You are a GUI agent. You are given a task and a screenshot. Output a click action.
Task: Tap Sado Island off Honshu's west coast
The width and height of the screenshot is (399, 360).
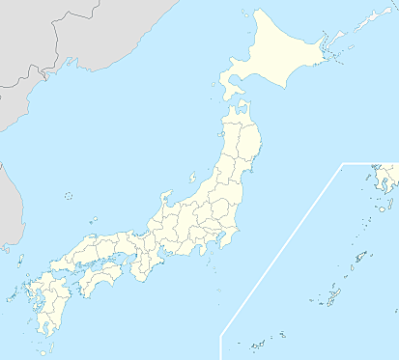point(193,178)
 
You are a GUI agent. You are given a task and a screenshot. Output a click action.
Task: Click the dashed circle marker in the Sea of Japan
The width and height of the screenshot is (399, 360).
point(69,196)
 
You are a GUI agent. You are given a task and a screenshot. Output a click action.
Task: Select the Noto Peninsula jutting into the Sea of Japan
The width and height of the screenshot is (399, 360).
point(167,205)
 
